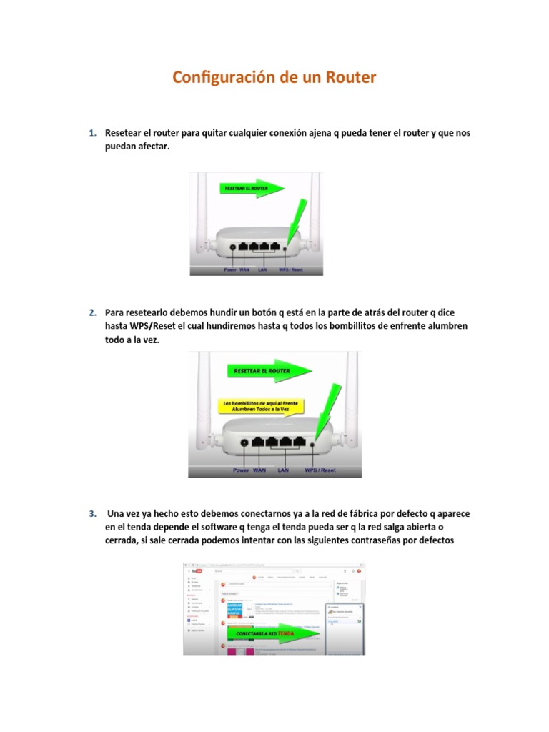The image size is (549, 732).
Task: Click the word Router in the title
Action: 348,78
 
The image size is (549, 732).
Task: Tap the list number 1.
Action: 92,134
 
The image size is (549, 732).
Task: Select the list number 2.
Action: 92,312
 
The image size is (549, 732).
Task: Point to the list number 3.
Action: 92,514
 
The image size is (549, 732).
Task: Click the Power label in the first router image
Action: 230,270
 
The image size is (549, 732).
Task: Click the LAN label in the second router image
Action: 283,470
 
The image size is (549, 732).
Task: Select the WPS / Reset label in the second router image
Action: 320,470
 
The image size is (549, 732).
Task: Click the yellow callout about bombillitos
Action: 260,407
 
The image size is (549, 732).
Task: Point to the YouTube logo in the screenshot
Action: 194,571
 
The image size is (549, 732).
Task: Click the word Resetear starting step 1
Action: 123,134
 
